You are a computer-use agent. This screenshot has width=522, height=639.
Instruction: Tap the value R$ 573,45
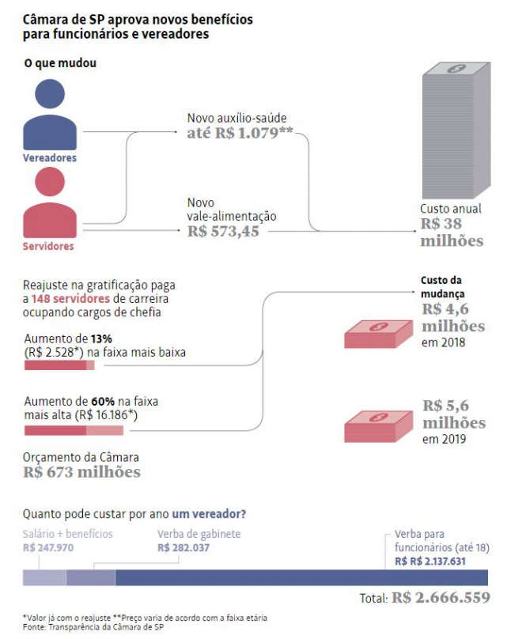point(223,231)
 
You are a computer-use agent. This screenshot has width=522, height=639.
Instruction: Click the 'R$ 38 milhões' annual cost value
point(451,233)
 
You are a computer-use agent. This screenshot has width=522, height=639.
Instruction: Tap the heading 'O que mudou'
point(60,62)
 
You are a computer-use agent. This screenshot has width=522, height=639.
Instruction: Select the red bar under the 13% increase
point(59,365)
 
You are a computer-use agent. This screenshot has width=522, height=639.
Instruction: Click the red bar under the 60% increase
point(74,430)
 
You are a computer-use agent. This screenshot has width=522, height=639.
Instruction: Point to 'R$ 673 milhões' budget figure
point(81,472)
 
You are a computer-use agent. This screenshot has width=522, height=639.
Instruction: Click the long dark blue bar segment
point(301,577)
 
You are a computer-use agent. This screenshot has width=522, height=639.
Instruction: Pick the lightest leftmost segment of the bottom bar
point(43,577)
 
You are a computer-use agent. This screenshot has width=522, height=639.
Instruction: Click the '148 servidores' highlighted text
point(71,299)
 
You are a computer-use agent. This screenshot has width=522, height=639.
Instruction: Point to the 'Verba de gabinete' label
point(199,534)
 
